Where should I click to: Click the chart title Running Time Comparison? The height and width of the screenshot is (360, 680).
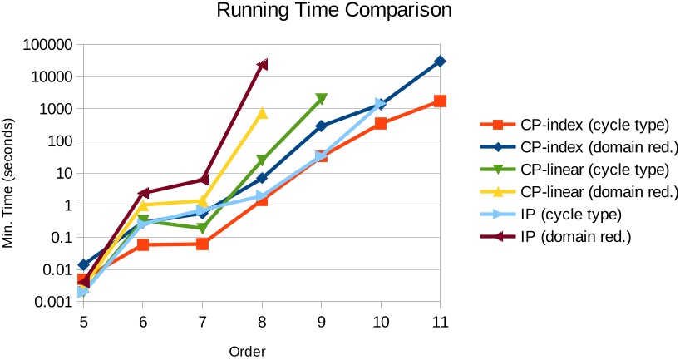pyautogui.click(x=334, y=12)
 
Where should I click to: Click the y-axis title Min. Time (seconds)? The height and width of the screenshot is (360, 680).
pyautogui.click(x=11, y=173)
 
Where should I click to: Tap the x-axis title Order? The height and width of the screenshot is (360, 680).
pyautogui.click(x=247, y=351)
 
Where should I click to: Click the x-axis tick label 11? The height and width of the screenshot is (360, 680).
pyautogui.click(x=440, y=322)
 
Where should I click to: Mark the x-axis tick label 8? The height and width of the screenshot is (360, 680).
pyautogui.click(x=262, y=322)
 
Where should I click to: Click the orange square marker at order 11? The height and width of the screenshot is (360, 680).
pyautogui.click(x=440, y=101)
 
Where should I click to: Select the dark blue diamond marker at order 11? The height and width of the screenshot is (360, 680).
pyautogui.click(x=440, y=62)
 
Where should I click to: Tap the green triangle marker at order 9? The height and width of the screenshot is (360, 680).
pyautogui.click(x=321, y=100)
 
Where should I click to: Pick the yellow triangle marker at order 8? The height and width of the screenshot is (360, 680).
pyautogui.click(x=262, y=113)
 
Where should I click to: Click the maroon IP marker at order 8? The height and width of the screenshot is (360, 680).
pyautogui.click(x=262, y=65)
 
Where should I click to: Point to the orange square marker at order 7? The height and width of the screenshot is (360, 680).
pyautogui.click(x=202, y=244)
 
